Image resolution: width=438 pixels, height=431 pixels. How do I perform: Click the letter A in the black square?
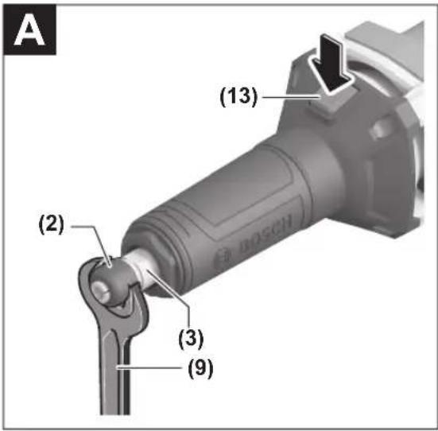click(29, 31)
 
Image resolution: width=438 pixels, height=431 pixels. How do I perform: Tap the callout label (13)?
click(238, 97)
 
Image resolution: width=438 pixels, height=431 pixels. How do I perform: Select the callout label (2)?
click(52, 225)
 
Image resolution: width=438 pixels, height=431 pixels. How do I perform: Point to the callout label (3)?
click(192, 339)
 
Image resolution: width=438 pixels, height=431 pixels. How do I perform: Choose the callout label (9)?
click(200, 368)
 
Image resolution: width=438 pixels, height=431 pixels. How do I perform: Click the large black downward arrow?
click(331, 63)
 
